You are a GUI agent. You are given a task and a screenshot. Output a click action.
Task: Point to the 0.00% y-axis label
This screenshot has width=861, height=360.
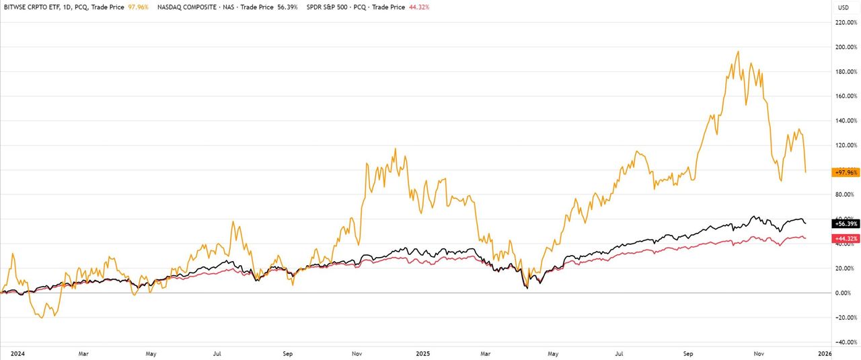844,293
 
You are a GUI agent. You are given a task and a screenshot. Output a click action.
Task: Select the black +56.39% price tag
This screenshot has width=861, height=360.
846,223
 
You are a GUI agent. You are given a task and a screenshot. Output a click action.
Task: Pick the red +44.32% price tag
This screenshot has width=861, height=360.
846,238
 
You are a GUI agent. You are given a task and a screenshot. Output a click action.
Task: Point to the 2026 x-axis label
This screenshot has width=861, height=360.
824,352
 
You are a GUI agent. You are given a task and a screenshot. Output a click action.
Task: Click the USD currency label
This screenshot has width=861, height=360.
843,7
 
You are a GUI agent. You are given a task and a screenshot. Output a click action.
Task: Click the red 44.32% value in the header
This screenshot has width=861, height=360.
418,7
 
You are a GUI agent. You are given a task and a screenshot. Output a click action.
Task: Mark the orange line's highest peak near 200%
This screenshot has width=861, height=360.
738,51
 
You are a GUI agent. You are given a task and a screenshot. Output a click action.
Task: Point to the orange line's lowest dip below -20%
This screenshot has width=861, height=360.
42,318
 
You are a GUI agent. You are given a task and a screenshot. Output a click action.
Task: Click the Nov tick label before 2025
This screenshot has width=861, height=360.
358,352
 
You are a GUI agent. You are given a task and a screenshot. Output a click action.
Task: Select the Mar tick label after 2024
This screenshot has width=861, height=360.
83,352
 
